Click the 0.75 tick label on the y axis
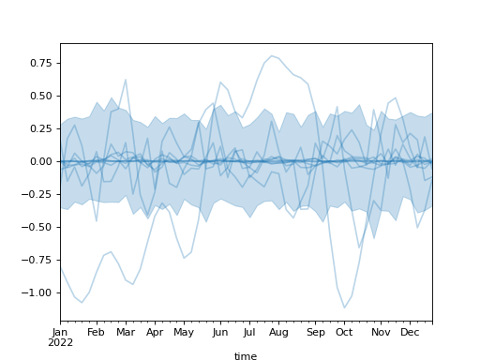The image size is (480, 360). point(41,63)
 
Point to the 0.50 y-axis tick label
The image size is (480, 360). point(41,96)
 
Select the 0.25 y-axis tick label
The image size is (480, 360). point(41,128)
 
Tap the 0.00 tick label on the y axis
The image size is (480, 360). point(41,161)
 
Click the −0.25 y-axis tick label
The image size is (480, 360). point(38,194)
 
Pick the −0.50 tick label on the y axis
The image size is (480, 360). point(38,227)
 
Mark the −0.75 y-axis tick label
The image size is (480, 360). point(38,260)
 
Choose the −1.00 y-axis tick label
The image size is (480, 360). point(38,292)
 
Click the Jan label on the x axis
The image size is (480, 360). point(60,332)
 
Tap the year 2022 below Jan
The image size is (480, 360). point(60,342)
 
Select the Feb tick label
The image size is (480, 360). point(96,332)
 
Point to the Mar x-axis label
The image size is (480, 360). point(126,332)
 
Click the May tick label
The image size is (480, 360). point(184,332)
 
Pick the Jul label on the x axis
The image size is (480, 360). point(250,332)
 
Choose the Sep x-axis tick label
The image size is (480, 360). point(316,332)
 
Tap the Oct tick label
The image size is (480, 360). point(344,332)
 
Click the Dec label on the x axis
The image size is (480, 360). point(410,332)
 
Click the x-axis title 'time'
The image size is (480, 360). point(246,356)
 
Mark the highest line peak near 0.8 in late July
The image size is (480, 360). point(272,55)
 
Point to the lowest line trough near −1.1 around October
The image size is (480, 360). point(344,307)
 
